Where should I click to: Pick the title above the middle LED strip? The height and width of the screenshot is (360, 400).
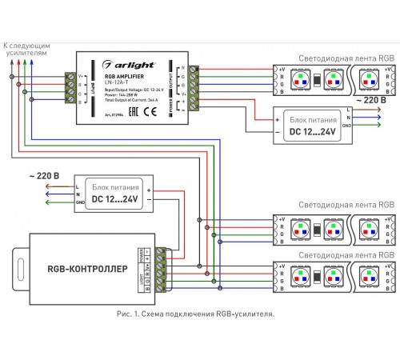point(336,205)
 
